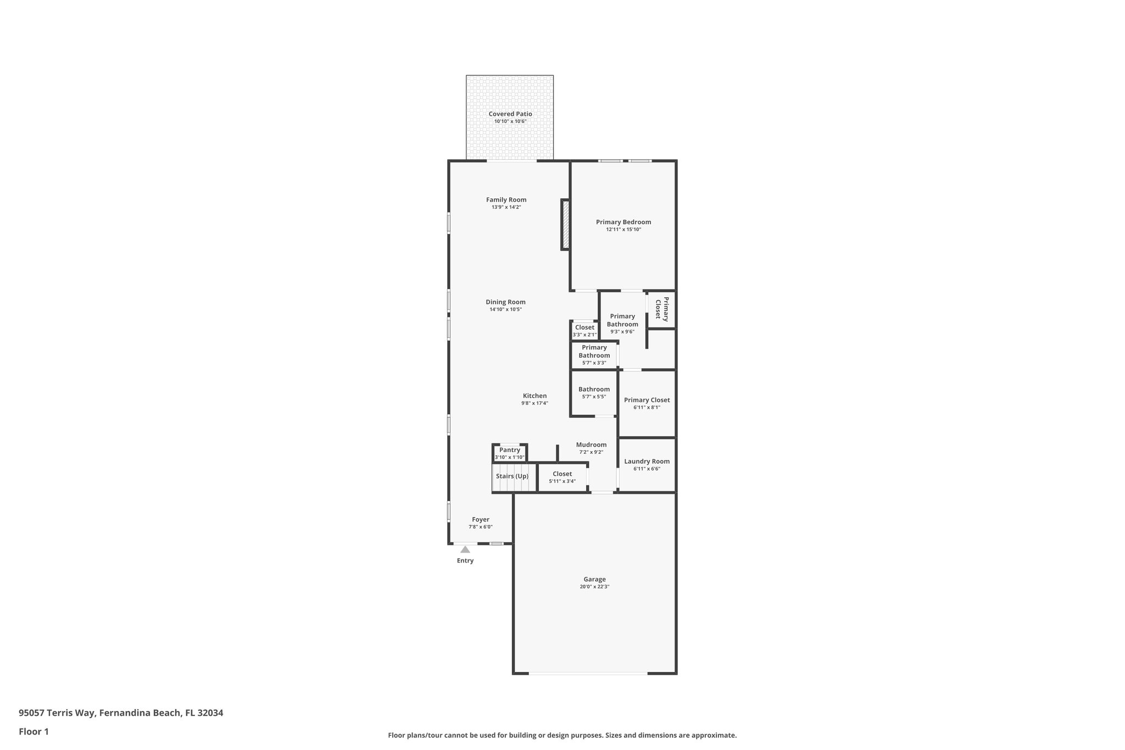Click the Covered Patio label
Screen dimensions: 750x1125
click(510, 114)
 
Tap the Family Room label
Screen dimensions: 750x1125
click(506, 200)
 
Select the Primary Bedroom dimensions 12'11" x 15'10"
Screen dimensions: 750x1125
click(623, 230)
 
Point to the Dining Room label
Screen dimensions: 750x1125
click(505, 302)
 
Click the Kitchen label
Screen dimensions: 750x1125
click(534, 396)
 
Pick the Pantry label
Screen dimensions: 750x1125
click(510, 450)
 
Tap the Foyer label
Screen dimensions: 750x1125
click(481, 520)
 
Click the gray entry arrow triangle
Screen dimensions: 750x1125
click(465, 549)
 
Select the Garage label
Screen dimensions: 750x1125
click(594, 579)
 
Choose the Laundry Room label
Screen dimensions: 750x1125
click(647, 462)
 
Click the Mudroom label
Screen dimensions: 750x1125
click(591, 445)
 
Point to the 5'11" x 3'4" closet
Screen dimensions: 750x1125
click(562, 477)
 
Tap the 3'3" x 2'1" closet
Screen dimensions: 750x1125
click(584, 331)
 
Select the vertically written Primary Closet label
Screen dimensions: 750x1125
click(662, 308)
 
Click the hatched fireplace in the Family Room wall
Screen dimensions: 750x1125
click(565, 224)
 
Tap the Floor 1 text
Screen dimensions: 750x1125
click(34, 732)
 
